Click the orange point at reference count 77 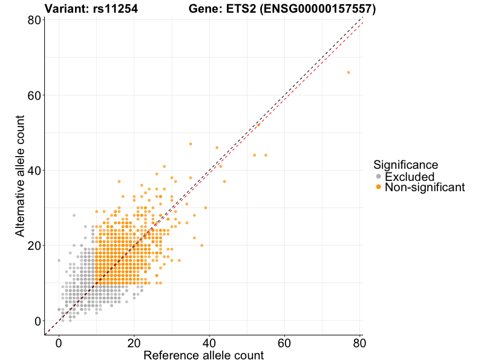[x=348, y=73]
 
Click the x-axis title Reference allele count [x=203, y=355]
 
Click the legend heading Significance [x=405, y=165]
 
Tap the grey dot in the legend [x=378, y=177]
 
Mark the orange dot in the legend [x=378, y=188]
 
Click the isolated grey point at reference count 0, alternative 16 [x=59, y=260]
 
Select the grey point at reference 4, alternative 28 [x=74, y=215]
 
